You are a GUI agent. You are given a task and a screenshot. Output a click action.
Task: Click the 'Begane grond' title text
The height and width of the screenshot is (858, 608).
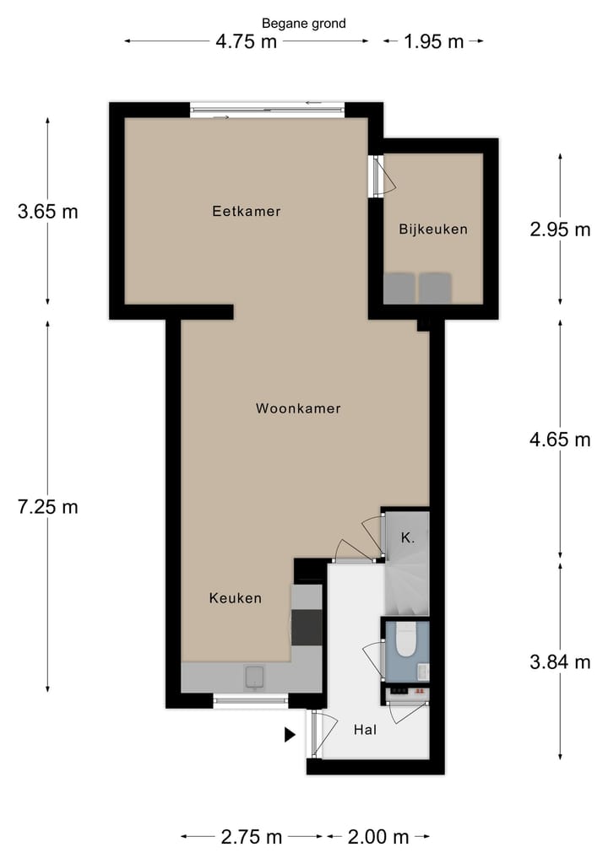[304, 24]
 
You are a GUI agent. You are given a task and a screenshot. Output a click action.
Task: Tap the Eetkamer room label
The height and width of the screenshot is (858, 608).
[246, 211]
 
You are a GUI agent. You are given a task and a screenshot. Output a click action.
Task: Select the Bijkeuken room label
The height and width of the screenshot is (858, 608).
[432, 229]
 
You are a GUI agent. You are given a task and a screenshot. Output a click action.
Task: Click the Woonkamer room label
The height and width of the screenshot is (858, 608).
[298, 408]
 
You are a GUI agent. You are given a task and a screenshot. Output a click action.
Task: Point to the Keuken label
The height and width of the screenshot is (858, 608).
[236, 598]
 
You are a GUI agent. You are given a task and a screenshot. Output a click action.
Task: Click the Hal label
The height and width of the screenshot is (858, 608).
[365, 731]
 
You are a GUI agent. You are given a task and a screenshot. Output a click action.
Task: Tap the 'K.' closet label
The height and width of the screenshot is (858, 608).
[407, 537]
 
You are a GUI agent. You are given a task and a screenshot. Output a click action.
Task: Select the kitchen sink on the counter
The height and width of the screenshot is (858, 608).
[254, 676]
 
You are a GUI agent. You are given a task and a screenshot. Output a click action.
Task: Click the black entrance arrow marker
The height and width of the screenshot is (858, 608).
[290, 735]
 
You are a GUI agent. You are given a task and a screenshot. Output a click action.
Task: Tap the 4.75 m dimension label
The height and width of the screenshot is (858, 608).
[246, 42]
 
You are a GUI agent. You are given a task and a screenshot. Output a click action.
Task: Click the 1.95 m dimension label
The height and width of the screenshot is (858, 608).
[433, 42]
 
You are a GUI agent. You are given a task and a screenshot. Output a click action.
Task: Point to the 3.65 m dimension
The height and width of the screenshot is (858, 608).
[47, 211]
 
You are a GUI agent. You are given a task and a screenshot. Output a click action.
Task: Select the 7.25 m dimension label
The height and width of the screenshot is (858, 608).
[47, 507]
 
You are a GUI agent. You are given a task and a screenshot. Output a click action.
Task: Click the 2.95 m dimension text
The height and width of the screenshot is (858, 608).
[560, 229]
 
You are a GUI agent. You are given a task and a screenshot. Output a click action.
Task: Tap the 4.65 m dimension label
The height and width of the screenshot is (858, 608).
[560, 439]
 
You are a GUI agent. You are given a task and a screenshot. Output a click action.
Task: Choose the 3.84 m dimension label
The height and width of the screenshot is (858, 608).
[560, 662]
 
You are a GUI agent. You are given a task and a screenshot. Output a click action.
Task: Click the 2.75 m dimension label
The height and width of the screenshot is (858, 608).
[252, 837]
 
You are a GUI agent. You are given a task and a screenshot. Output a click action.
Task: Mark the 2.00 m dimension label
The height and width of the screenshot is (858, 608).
[378, 837]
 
